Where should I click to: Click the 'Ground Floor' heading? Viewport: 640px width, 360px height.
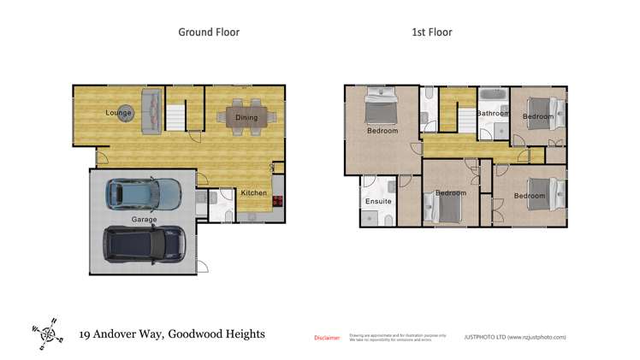209,32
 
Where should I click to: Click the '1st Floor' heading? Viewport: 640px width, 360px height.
431,32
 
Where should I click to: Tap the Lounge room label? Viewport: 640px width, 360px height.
118,113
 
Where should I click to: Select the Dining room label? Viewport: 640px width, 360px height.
246,118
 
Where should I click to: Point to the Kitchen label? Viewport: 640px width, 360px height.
254,193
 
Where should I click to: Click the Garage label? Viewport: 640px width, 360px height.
144,220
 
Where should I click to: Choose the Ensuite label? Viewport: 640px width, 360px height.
378,202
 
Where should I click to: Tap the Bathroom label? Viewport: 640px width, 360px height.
493,113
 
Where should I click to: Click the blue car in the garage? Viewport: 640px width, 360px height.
143,193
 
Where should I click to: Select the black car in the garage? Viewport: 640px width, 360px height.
145,244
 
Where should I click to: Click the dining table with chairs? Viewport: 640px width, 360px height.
246,117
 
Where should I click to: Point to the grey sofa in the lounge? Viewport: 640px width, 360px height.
151,111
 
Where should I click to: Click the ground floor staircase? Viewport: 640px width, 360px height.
177,116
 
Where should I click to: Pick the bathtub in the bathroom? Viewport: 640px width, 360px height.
493,95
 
